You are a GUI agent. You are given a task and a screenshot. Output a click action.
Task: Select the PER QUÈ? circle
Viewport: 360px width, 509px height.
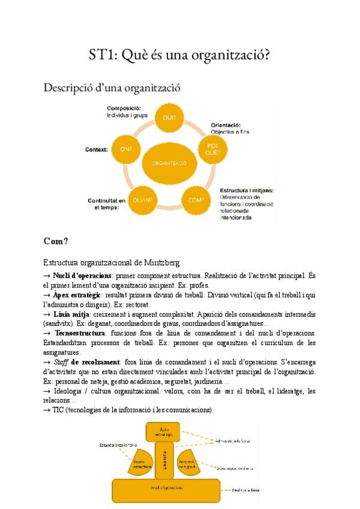coord(213,148)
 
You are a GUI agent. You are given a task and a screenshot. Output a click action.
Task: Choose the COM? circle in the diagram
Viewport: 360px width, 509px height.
coord(196,199)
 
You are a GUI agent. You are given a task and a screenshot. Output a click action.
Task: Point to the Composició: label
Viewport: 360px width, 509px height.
coord(124,108)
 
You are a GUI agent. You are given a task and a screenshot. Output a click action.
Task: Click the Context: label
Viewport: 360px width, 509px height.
coord(97,149)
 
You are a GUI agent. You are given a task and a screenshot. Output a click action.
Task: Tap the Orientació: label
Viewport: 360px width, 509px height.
coord(225,125)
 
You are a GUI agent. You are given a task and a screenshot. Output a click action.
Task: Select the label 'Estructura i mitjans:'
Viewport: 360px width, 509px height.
coord(246,190)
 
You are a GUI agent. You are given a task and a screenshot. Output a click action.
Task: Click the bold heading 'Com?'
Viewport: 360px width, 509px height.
coord(56,241)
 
